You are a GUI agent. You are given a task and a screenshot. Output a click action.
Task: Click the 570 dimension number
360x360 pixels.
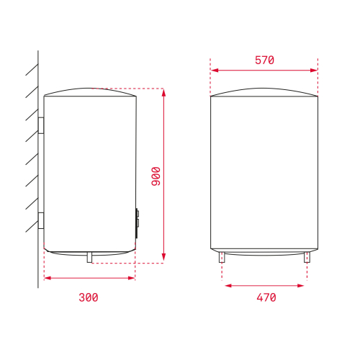(x=264, y=60)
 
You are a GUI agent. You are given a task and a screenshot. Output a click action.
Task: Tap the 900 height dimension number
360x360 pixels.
(x=156, y=176)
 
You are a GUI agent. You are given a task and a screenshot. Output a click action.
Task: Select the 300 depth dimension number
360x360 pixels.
(x=89, y=297)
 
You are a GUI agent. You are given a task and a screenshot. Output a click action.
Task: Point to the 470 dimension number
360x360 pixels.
(x=266, y=297)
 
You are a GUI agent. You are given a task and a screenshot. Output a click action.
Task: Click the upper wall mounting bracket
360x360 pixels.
(x=41, y=125)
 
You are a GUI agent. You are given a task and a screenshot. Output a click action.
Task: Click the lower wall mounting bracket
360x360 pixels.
(x=41, y=220)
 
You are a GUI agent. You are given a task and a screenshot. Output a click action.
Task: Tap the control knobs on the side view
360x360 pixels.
(x=138, y=223)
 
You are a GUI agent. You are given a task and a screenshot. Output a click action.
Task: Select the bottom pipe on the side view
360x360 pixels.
(x=89, y=257)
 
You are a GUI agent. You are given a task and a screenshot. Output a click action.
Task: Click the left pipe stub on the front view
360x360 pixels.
(x=222, y=257)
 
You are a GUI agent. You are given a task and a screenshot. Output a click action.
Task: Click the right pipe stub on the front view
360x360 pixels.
(x=307, y=257)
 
